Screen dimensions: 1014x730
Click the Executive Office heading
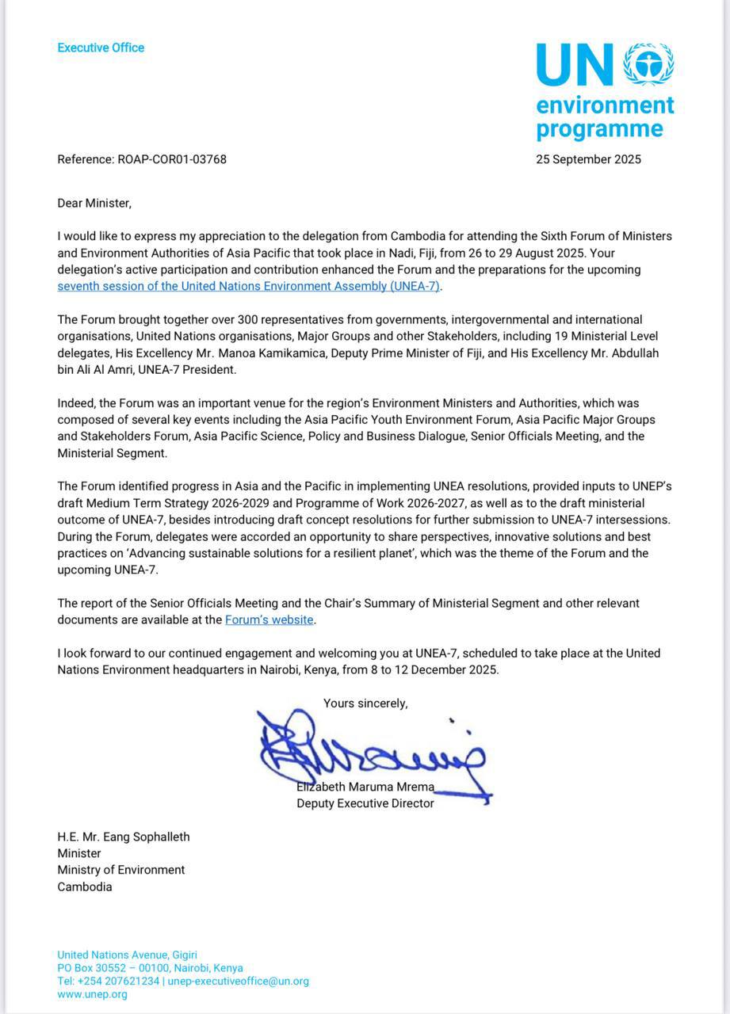point(101,48)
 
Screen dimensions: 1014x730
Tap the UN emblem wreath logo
point(648,65)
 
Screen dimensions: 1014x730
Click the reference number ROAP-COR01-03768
point(172,159)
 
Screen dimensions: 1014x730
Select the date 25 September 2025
point(588,159)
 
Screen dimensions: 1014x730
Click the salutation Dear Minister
point(94,203)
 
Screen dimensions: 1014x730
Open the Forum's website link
point(269,619)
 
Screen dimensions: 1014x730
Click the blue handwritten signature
point(373,753)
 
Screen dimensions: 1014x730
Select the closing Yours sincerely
point(365,703)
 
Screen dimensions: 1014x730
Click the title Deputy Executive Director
point(365,803)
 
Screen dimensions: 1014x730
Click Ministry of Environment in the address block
point(120,870)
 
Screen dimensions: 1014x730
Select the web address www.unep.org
point(92,994)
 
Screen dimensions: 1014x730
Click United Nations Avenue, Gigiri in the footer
point(127,955)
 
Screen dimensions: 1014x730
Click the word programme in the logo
point(599,128)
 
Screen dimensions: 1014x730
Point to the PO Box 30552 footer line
point(150,968)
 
